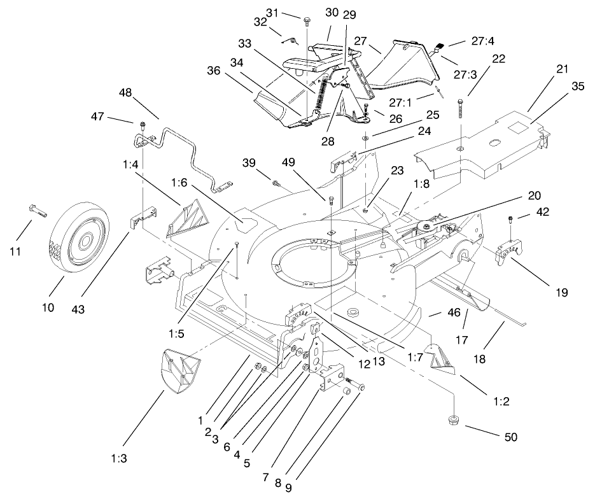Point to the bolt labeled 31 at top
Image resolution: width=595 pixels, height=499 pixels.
(307, 20)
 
